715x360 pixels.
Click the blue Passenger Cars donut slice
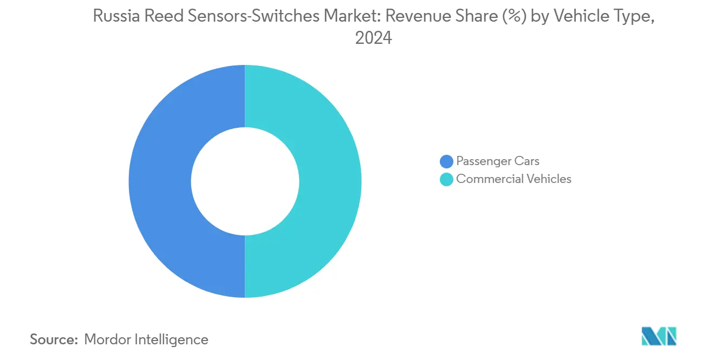coord(160,181)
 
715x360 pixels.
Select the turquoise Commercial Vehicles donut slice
coord(330,181)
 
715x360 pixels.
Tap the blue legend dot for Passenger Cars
coord(446,161)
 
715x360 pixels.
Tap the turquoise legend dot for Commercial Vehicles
coord(446,179)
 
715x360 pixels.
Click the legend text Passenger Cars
coord(498,161)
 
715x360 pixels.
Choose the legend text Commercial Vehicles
coord(513,179)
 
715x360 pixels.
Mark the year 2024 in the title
coord(373,39)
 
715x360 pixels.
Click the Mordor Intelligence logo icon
coord(659,336)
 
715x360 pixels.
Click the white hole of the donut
coord(245,181)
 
